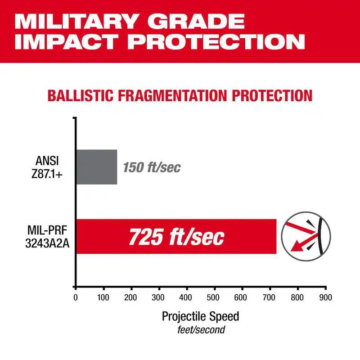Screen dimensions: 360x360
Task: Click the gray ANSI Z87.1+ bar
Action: [96, 167]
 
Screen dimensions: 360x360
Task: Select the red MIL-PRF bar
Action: [175, 236]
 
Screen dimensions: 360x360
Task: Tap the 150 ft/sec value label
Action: [152, 168]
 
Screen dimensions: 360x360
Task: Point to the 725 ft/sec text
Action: [176, 237]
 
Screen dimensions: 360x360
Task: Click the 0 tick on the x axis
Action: [76, 297]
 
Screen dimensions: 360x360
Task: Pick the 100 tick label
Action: [103, 297]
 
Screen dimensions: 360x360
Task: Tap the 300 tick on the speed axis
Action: [159, 297]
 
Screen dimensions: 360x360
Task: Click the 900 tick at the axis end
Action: [325, 297]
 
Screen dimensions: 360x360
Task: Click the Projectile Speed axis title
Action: [201, 316]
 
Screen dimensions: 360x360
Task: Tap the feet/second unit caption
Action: [201, 330]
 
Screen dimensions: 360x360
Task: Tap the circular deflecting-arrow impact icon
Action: [306, 237]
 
